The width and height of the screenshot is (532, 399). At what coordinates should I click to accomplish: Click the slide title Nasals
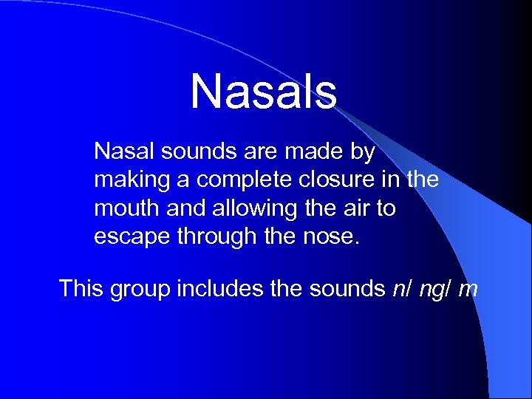[x=264, y=91]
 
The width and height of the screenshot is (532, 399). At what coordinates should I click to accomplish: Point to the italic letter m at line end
[x=468, y=289]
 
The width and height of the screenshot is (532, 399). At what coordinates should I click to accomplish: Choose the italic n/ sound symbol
[x=401, y=288]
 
